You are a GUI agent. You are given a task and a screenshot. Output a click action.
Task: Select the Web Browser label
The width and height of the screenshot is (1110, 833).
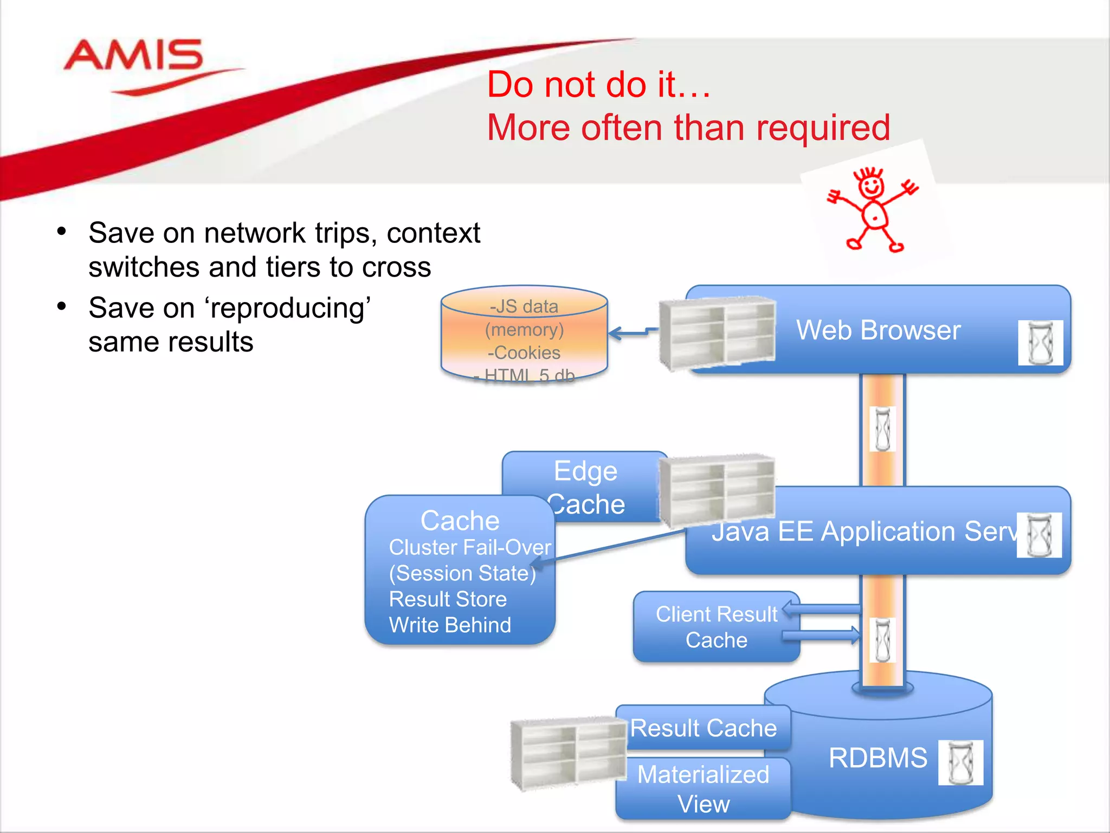tap(878, 330)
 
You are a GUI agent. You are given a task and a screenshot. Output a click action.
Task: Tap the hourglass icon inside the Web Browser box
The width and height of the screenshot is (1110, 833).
tap(1040, 343)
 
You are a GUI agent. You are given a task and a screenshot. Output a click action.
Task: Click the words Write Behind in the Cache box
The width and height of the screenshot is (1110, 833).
tap(450, 625)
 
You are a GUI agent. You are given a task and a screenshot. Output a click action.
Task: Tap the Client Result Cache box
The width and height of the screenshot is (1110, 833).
tap(715, 627)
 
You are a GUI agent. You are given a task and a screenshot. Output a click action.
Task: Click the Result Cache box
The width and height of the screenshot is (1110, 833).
tap(703, 728)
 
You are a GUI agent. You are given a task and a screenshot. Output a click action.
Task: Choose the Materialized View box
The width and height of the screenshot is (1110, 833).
tap(703, 789)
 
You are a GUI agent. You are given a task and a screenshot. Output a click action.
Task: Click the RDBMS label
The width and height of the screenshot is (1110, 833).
tap(877, 758)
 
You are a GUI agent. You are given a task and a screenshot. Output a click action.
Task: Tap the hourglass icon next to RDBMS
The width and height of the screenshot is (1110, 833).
tap(960, 762)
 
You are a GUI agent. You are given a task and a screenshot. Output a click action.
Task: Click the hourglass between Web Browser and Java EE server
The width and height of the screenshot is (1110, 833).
tap(882, 429)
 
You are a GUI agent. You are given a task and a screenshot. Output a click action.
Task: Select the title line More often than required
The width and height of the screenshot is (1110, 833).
tap(688, 128)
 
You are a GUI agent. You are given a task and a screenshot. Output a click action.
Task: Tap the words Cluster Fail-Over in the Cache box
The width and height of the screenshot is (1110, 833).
tap(469, 547)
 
